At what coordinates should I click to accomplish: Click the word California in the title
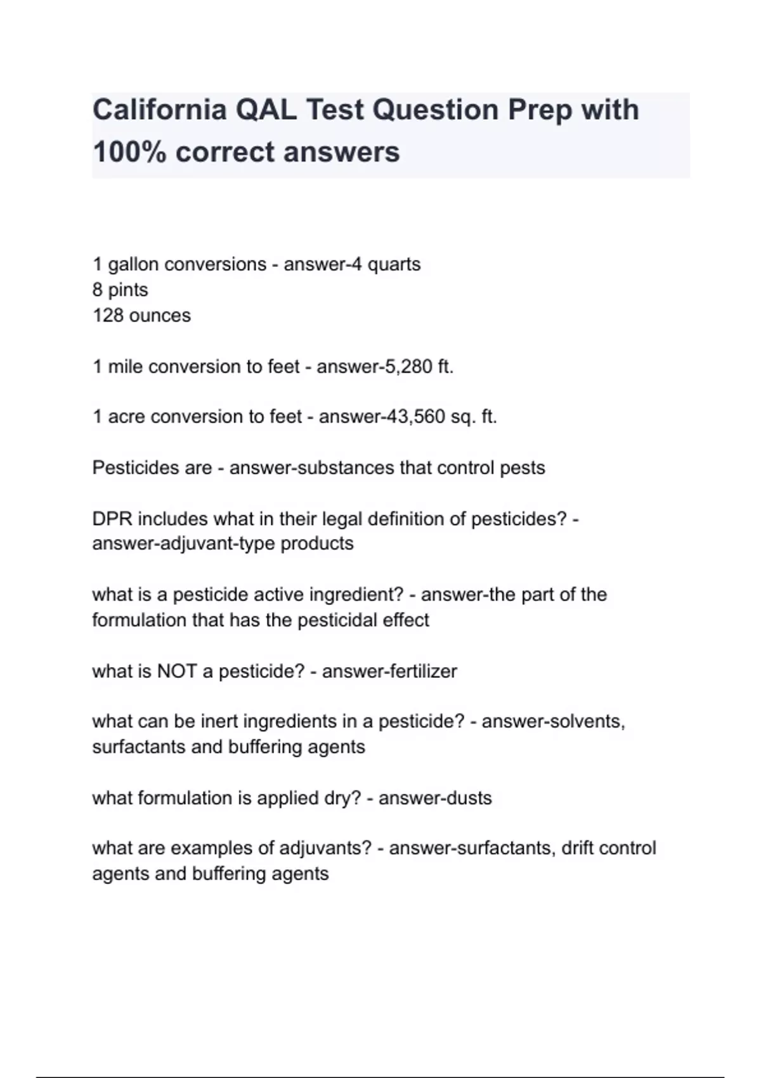click(160, 110)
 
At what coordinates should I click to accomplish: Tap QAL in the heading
click(266, 110)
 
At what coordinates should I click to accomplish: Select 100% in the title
click(129, 152)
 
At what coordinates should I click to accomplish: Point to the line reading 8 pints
click(120, 290)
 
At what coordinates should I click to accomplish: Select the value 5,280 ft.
click(419, 367)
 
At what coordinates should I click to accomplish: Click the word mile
click(125, 367)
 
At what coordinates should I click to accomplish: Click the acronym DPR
click(112, 519)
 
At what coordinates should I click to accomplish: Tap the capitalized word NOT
click(176, 671)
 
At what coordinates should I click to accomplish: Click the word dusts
click(467, 798)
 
